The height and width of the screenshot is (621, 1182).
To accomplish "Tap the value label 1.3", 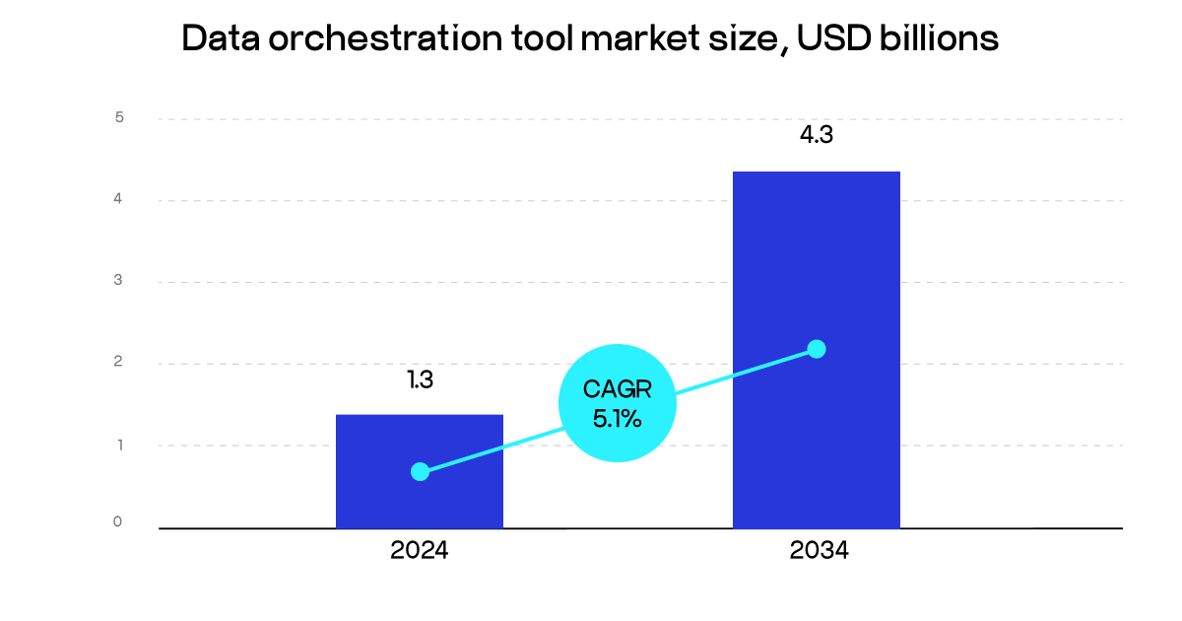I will tap(421, 379).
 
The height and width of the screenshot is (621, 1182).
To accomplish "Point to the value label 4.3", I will tap(816, 136).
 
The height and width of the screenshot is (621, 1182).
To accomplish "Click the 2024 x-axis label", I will tap(420, 551).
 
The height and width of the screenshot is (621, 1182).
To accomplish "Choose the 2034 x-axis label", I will tap(818, 551).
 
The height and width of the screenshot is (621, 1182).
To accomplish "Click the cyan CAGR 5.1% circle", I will tap(618, 402).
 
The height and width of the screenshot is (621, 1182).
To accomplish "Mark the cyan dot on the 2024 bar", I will tap(420, 471).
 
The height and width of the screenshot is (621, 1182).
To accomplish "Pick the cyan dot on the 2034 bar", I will tap(816, 349).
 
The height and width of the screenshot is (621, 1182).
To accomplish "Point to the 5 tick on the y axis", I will tap(119, 118).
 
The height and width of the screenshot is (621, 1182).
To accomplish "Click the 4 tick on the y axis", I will tap(119, 199).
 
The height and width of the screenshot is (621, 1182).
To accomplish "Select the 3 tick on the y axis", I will tap(119, 281).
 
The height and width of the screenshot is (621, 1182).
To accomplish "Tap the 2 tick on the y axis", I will tap(119, 363).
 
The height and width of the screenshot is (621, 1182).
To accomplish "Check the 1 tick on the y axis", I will tap(119, 445).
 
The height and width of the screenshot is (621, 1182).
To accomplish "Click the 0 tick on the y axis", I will tap(118, 521).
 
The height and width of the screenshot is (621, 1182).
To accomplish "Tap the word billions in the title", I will tap(940, 39).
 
